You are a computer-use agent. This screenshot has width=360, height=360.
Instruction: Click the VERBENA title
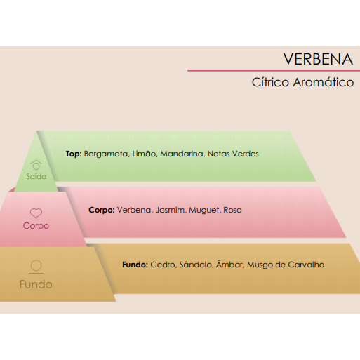coord(318,59)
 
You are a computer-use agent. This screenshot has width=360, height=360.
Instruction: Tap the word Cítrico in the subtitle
coord(270,82)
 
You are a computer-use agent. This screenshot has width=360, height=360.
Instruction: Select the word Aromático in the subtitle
coord(324,82)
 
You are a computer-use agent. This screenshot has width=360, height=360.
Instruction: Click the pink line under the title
coord(274,71)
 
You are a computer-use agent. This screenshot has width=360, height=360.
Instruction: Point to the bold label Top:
coord(74,154)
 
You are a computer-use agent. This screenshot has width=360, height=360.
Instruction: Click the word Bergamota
coord(107,154)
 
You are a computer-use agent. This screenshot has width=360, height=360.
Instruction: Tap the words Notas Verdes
coord(233,154)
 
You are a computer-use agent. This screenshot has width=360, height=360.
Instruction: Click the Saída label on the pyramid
coord(36,176)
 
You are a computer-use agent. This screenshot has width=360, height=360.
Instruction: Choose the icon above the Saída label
coord(36,165)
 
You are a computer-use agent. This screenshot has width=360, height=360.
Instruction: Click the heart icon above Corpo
coord(36,213)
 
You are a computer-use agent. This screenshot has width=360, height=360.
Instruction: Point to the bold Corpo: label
coord(102,210)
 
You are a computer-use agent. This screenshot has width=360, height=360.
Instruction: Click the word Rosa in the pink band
coord(232,210)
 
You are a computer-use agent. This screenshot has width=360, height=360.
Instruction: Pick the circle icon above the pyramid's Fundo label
coord(36,267)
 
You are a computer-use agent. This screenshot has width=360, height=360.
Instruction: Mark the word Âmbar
coord(230,265)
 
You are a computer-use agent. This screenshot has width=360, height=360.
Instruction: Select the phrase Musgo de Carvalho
coord(286,265)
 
